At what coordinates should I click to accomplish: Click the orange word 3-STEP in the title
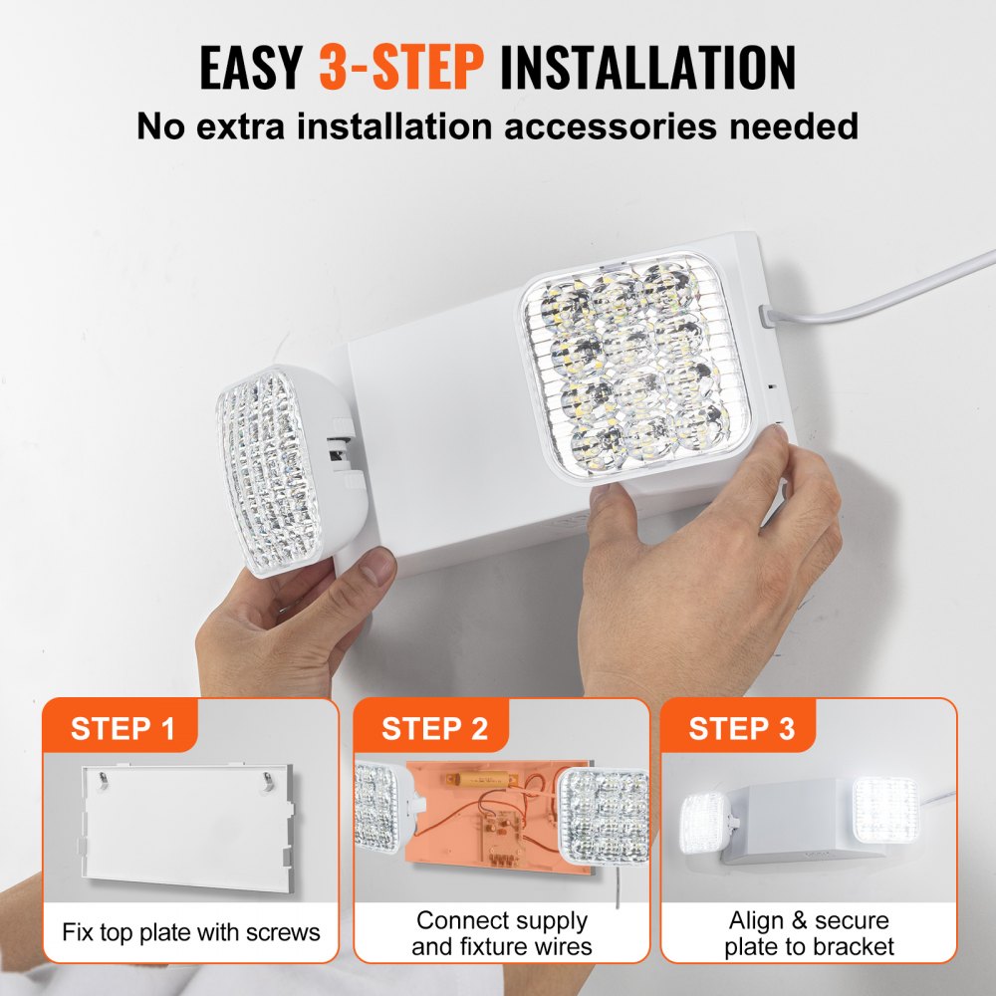(x=400, y=67)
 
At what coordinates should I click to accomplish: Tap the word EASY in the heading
(x=251, y=67)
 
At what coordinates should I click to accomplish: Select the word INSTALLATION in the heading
(x=647, y=67)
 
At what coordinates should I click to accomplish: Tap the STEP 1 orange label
(x=123, y=728)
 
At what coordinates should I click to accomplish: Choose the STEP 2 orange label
(x=434, y=728)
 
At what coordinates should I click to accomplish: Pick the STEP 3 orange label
(x=742, y=728)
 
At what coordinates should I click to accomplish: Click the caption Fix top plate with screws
(x=191, y=932)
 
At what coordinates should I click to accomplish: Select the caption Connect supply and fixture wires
(x=502, y=933)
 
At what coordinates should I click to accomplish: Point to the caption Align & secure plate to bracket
(x=809, y=933)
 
